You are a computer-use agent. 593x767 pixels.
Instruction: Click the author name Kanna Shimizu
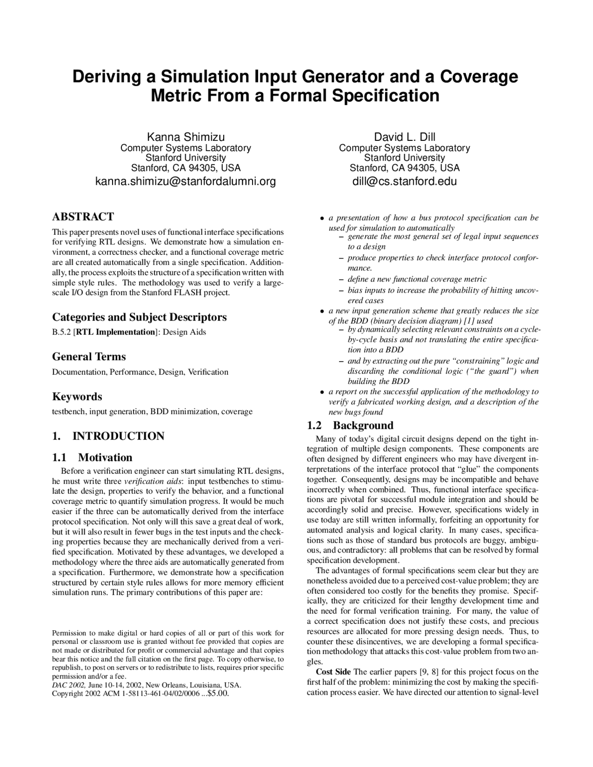coord(186,137)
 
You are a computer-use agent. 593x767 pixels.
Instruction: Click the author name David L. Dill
coord(404,137)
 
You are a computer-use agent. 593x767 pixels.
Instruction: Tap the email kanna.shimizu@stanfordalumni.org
coord(185,181)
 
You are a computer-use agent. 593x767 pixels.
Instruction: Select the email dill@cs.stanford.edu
coord(404,181)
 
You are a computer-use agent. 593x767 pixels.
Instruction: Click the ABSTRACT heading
coord(83,217)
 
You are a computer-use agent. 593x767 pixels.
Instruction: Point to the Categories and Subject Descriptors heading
coord(139,317)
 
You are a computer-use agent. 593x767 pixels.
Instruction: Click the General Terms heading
coord(88,357)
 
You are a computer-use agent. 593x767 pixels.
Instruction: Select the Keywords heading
coord(77,396)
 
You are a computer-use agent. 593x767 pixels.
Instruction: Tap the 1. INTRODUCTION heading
coord(108,436)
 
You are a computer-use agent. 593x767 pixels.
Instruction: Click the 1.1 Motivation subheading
coord(92,458)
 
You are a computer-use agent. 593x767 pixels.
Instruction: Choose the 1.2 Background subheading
coord(350,426)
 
